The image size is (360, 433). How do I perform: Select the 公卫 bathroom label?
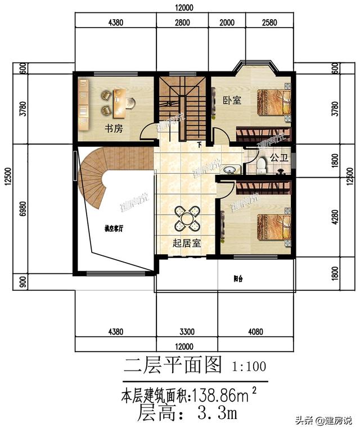[x=278, y=159]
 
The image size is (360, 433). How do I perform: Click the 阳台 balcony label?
[x=238, y=279]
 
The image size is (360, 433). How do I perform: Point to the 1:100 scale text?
[x=249, y=367]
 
